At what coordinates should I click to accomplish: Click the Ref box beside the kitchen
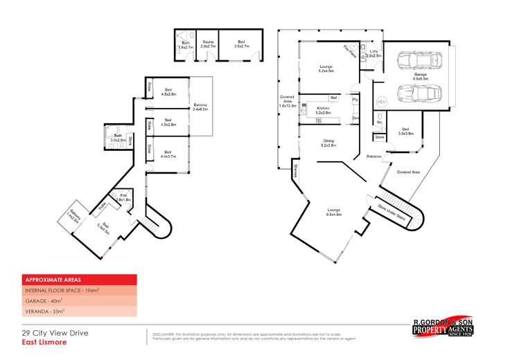point(333,98)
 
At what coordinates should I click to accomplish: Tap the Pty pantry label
point(355,100)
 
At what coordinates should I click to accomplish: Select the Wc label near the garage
point(380,123)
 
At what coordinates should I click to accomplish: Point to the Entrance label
point(374,156)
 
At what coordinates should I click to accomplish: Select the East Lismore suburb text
point(44,341)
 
